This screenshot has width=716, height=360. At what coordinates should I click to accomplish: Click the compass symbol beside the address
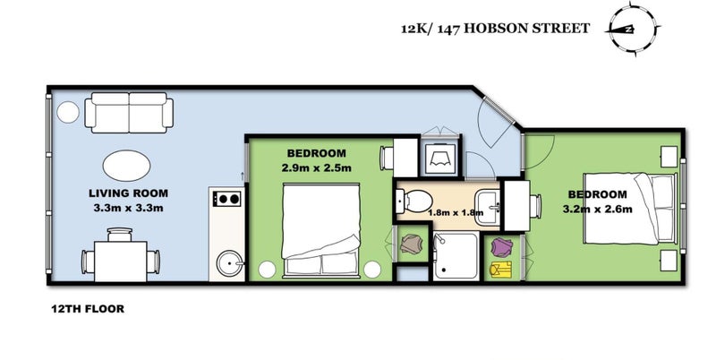tap(633, 30)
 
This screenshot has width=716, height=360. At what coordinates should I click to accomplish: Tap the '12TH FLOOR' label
tap(88, 309)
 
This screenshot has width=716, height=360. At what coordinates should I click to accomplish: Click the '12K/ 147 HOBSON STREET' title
tap(496, 29)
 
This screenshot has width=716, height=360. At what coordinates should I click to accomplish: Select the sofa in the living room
tap(129, 112)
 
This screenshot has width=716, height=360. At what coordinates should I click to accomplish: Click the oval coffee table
tap(126, 166)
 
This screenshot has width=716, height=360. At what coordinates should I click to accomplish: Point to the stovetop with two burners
tap(227, 199)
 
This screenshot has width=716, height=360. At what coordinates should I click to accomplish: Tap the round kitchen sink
tap(228, 263)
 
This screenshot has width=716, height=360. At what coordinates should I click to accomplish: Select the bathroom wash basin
tap(488, 208)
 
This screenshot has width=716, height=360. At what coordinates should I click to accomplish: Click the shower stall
tap(456, 255)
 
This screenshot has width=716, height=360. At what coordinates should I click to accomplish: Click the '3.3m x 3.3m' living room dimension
tap(128, 208)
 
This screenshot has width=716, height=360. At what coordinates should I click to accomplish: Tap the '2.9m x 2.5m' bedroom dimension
tap(317, 167)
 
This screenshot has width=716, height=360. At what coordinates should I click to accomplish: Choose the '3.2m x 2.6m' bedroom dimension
tap(598, 210)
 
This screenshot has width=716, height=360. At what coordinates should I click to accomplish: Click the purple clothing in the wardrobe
tap(501, 247)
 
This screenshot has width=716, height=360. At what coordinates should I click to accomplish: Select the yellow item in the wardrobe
tap(500, 269)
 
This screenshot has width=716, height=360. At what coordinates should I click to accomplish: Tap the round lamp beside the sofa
tap(68, 112)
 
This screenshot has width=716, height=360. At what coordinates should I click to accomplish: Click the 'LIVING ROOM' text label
tap(128, 193)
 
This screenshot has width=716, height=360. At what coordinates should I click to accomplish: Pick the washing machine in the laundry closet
tap(439, 159)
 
